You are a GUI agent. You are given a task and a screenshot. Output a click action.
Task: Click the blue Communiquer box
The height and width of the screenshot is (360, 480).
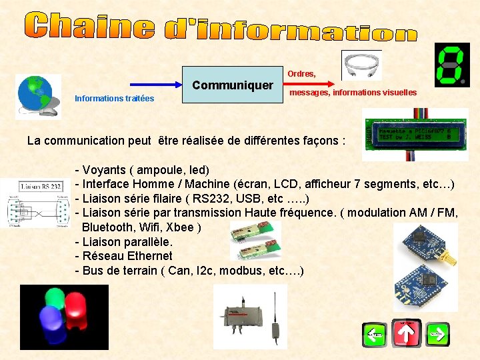[233, 85]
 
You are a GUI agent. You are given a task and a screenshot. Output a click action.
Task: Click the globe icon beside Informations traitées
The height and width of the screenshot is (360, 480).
[37, 94]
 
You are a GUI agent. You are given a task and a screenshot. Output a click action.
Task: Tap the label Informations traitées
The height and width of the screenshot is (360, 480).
[114, 99]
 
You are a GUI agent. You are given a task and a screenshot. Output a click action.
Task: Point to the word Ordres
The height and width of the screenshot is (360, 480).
[301, 73]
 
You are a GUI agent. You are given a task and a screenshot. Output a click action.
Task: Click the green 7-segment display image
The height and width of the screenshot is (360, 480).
[451, 65]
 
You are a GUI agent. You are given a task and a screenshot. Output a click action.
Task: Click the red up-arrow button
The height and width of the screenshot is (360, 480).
[406, 333]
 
